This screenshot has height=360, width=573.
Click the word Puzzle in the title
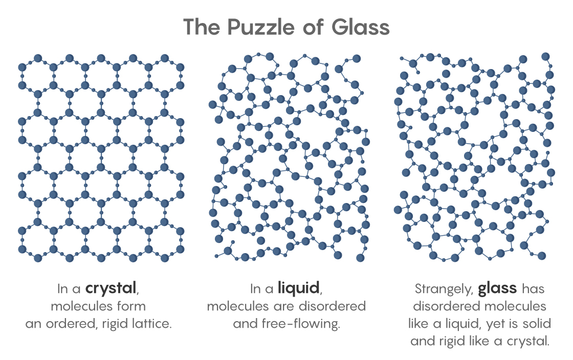[260, 28]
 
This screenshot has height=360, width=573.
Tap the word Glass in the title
[361, 27]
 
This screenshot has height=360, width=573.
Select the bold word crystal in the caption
[111, 288]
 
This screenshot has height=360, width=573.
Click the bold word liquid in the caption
[298, 288]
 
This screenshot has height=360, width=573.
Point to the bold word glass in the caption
[497, 289]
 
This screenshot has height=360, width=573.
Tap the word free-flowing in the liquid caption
[301, 324]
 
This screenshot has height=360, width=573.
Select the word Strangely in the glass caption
[444, 289]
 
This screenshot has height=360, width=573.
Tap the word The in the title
[202, 27]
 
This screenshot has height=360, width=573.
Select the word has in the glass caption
[533, 289]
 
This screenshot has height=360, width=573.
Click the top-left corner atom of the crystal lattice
[23, 67]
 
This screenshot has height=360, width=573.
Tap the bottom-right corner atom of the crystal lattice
[180, 249]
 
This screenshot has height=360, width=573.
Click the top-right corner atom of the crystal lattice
[180, 67]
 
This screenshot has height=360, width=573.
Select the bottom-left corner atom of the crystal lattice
[23, 249]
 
